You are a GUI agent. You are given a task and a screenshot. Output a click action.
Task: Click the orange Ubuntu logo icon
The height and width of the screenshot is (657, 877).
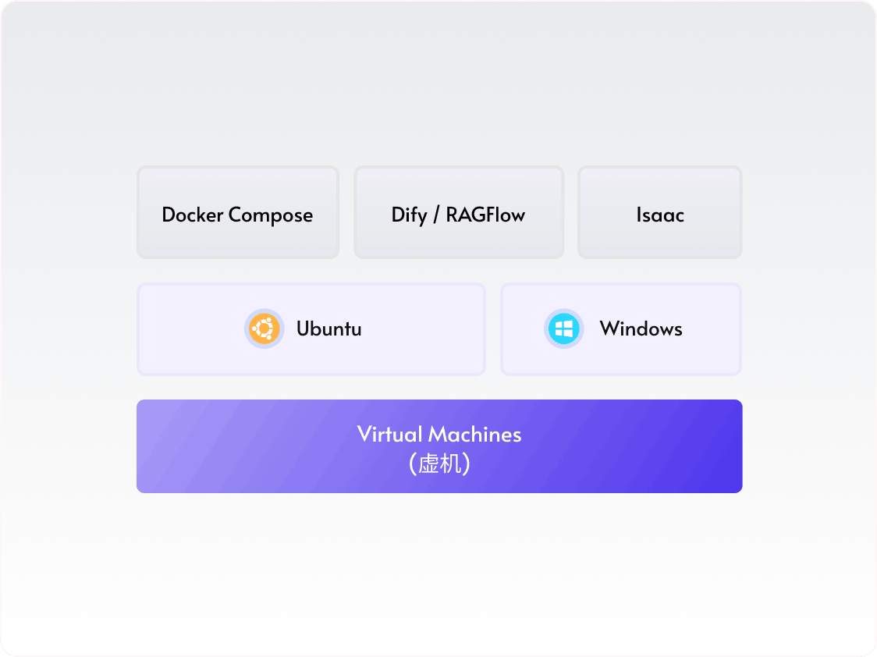click(264, 328)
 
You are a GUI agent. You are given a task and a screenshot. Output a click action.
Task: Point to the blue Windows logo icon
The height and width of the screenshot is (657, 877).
click(563, 328)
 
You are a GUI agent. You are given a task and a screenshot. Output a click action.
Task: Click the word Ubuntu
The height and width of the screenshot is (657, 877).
click(328, 329)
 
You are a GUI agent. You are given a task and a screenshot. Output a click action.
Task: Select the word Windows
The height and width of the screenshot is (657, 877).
click(641, 329)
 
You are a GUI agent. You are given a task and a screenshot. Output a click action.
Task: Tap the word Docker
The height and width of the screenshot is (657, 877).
click(193, 215)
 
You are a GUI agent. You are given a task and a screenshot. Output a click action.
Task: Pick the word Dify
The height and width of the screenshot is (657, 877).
click(409, 215)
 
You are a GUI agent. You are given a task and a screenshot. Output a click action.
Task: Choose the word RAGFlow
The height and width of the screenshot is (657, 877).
click(485, 215)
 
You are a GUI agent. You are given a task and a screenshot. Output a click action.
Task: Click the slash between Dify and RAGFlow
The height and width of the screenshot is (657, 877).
click(436, 215)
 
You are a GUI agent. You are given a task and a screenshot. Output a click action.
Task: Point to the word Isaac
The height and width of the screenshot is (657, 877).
click(659, 215)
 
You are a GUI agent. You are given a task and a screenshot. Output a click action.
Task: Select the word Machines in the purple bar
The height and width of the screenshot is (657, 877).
click(475, 435)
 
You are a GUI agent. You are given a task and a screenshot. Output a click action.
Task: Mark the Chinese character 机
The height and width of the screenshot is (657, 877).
click(451, 465)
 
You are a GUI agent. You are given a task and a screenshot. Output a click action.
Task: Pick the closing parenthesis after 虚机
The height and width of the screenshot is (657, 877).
click(466, 465)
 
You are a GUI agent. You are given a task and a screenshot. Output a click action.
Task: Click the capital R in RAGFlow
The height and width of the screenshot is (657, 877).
click(452, 215)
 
